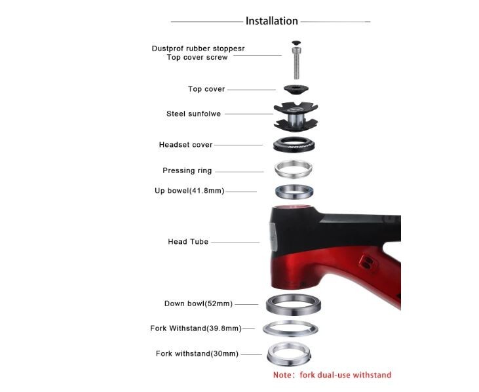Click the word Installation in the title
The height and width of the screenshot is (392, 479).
pos(271,21)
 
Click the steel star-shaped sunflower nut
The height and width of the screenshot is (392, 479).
pos(295,116)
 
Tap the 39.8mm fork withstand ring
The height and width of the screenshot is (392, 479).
pos(290,328)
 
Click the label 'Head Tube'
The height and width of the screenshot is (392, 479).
pos(188,242)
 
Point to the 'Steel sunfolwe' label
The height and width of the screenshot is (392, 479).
pos(193,114)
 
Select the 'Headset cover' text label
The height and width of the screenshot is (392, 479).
pos(185,145)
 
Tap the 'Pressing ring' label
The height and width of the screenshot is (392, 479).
pos(187,171)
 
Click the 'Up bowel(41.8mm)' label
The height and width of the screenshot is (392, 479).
pos(189,191)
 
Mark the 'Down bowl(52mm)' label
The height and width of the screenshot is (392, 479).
pos(198,304)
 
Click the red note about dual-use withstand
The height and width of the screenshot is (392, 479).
pos(332,375)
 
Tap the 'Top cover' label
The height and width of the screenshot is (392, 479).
pos(206,89)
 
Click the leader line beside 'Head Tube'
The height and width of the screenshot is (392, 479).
pos(236,243)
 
